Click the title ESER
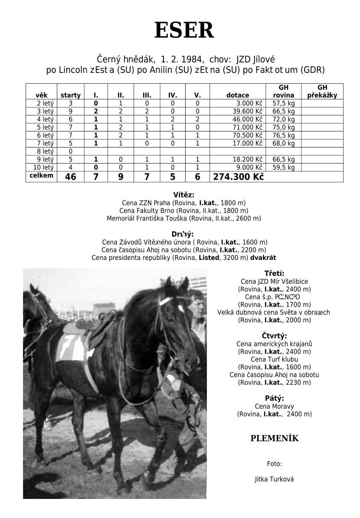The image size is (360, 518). pos(184,31)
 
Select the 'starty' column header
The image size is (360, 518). pos(70,95)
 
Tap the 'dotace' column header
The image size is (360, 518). pos(238,95)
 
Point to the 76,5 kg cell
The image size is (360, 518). pos(284,135)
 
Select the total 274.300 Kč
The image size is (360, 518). pos(238,177)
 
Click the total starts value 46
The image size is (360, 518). pos(70,177)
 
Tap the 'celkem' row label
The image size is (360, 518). pos(41,176)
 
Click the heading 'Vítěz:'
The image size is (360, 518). pos(183,195)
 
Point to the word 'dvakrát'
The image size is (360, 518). pos(263,258)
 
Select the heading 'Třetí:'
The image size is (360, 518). pos(274,273)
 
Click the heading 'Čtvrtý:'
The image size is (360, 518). pos(274,336)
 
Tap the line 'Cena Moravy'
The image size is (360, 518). pos(274,407)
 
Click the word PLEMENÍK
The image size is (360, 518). pos(274,438)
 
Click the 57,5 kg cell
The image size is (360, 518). pos(284,104)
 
